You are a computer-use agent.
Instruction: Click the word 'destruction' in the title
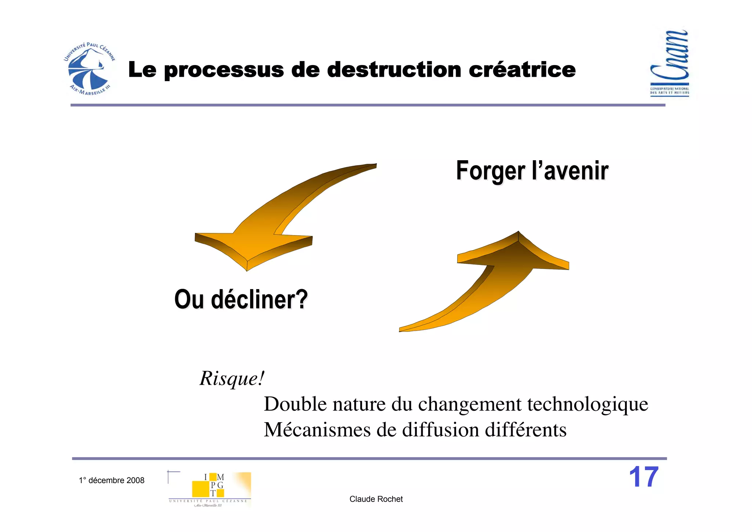[x=394, y=70]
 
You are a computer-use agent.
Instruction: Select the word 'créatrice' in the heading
[x=522, y=70]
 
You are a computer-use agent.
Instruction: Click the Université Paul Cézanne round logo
[x=89, y=69]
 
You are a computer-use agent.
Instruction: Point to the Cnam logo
[x=669, y=63]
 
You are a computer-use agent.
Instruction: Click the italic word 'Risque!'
[x=232, y=378]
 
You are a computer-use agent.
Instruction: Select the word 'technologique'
[x=587, y=405]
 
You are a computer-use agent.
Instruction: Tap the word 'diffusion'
[x=441, y=430]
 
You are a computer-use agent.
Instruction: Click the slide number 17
[x=644, y=477]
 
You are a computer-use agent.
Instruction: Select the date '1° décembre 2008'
[x=112, y=480]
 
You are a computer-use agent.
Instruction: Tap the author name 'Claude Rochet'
[x=376, y=499]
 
